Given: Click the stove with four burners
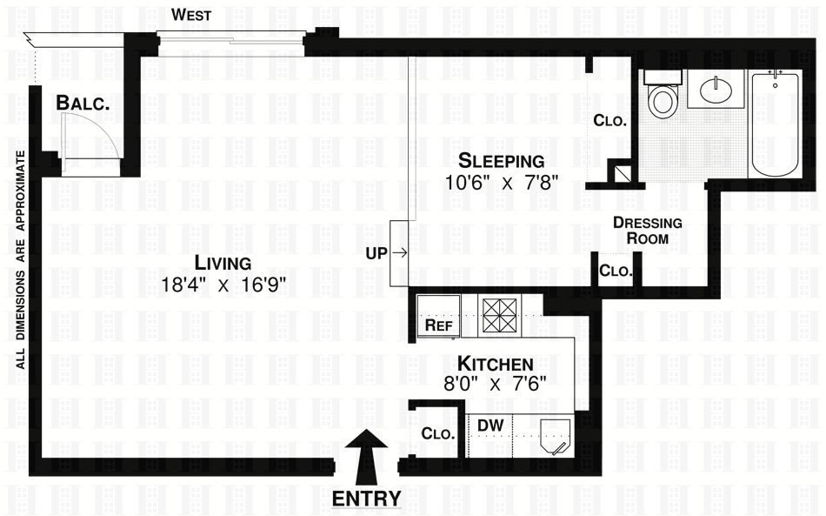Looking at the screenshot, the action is click(500, 316).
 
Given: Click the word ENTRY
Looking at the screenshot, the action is click(368, 499).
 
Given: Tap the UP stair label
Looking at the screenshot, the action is click(376, 253).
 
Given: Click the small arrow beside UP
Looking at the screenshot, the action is click(401, 253).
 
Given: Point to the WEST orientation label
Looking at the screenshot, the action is click(190, 15).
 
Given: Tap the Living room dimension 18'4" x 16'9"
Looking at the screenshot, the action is click(223, 284).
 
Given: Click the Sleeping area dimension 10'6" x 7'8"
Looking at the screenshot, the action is click(502, 182).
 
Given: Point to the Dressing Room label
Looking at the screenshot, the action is click(648, 230).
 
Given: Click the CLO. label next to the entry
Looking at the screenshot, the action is click(438, 432).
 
